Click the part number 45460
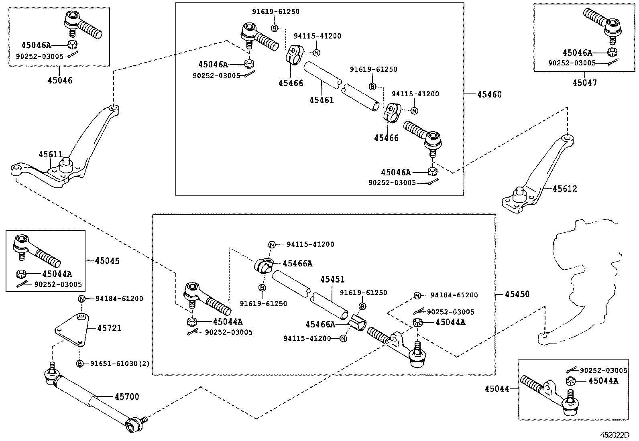point(489,95)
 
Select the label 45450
point(517,294)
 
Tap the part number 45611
point(51,154)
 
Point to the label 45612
point(565,189)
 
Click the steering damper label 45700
point(127,397)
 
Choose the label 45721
point(109,328)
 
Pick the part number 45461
point(321,100)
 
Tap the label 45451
point(332,280)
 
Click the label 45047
point(584,83)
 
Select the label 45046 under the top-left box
point(60,80)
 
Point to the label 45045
point(107,261)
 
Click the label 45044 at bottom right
point(497,389)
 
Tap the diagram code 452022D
point(615,435)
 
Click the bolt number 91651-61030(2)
point(120,364)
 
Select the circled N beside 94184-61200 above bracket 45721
point(81,299)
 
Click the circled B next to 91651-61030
point(80,364)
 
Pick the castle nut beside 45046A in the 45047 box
point(612,52)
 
